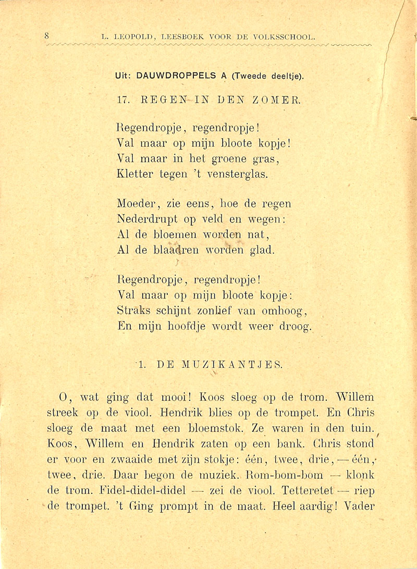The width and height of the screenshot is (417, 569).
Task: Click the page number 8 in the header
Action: (x=46, y=36)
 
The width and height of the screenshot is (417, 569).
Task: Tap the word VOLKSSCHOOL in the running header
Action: (x=288, y=36)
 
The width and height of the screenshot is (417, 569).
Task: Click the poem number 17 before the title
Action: (x=124, y=97)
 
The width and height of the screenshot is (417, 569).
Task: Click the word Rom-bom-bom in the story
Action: (x=287, y=476)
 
